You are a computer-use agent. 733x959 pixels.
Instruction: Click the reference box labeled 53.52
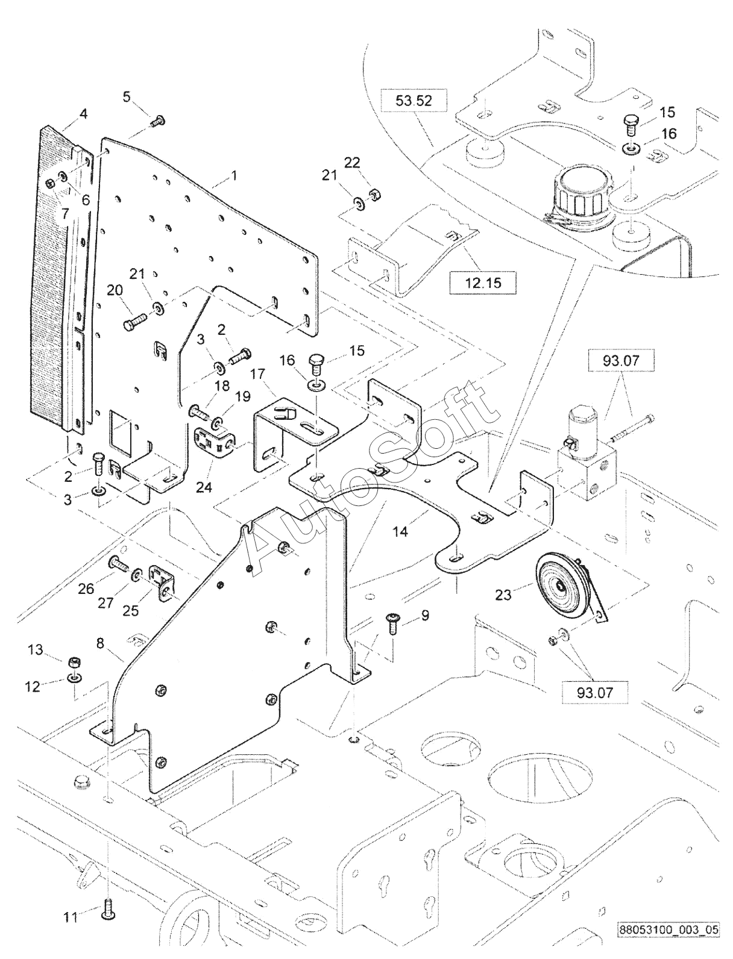(x=414, y=101)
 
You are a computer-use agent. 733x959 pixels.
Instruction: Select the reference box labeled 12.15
(x=483, y=283)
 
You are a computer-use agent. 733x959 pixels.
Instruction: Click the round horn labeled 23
(x=565, y=589)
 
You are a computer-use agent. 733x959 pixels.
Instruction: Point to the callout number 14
(x=400, y=531)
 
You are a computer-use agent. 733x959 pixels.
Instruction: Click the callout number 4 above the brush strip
(x=83, y=114)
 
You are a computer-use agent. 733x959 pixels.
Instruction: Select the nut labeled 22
(x=374, y=193)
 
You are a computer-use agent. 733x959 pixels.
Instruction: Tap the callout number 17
(x=259, y=375)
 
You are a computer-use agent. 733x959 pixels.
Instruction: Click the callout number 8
(x=101, y=643)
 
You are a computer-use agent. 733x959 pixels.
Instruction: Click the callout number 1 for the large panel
(x=234, y=176)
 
